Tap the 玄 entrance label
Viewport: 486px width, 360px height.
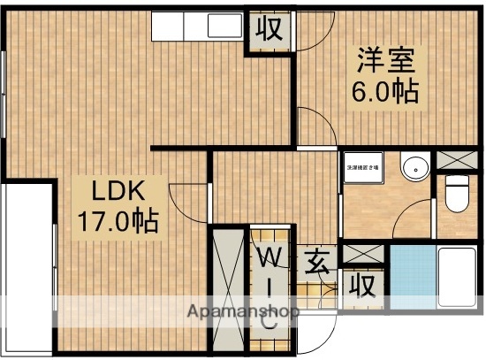[317, 262]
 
